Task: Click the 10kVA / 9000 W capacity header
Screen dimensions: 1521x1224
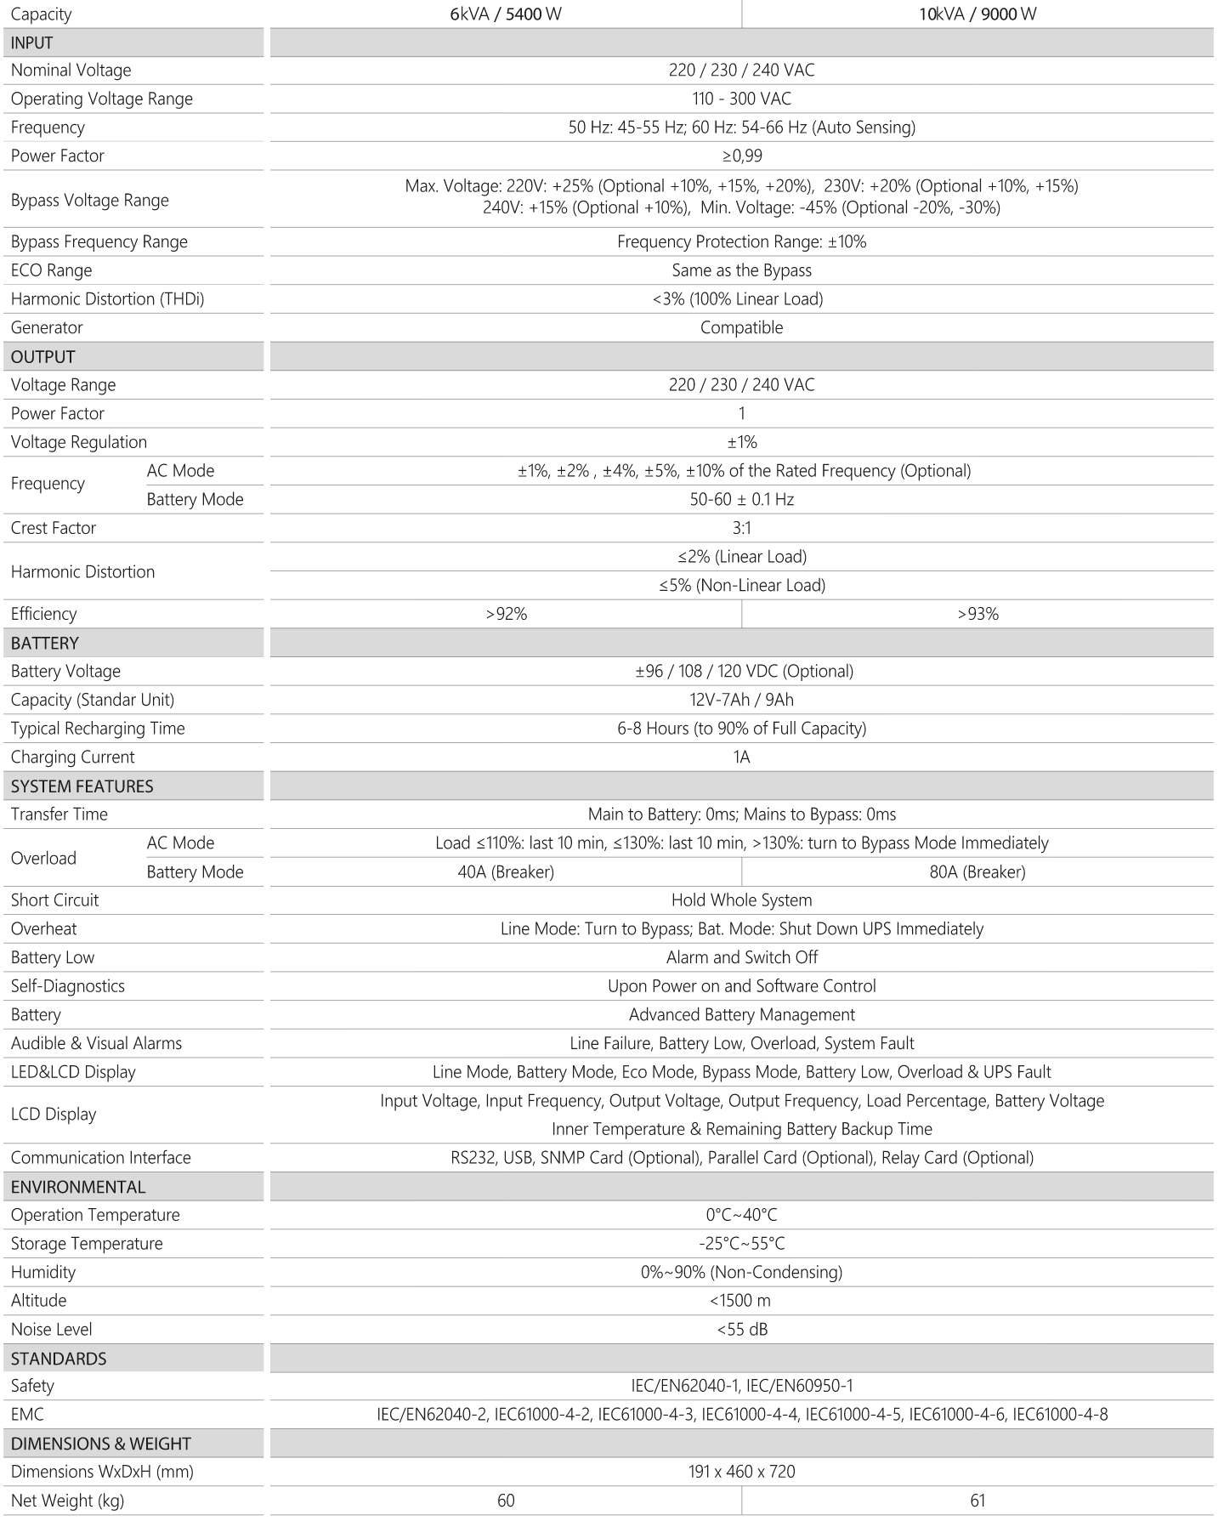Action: coord(977,14)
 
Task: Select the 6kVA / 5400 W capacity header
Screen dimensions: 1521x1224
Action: coord(506,14)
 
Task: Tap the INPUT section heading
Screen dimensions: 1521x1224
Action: coord(32,43)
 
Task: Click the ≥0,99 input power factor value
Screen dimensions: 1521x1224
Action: coord(741,156)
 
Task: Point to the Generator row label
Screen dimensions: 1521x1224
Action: coord(47,327)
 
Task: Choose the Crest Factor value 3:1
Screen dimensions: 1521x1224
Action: coord(741,528)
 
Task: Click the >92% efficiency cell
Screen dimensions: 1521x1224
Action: coord(506,614)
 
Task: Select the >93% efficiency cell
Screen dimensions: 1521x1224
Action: coord(977,614)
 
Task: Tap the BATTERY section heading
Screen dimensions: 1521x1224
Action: coord(45,643)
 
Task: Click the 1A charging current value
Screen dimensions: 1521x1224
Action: coord(741,757)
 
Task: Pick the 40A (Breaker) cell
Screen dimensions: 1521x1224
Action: coord(506,871)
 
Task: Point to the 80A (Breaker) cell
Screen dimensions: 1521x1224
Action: coord(977,871)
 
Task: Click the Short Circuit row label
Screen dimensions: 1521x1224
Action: coord(54,900)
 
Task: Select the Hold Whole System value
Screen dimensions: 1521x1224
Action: coord(741,900)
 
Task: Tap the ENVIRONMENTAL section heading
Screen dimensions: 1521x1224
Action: coord(78,1187)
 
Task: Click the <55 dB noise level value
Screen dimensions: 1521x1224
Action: coord(741,1329)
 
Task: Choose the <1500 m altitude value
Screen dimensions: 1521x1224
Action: coord(741,1300)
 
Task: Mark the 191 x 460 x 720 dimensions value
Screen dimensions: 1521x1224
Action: coord(741,1472)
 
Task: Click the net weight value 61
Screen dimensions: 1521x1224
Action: coord(977,1501)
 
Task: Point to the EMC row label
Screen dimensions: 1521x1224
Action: coord(27,1415)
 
